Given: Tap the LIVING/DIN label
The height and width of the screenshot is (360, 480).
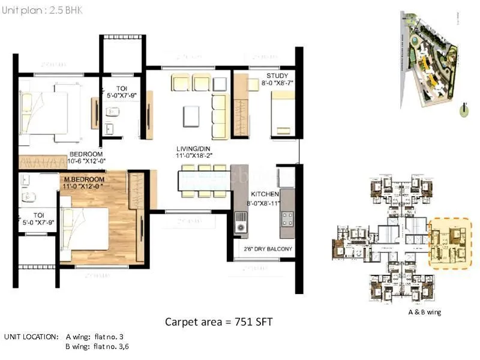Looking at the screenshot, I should (193, 148).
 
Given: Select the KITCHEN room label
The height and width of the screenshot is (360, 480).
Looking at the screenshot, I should (265, 195).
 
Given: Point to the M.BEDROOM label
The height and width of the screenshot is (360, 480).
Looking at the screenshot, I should (85, 179).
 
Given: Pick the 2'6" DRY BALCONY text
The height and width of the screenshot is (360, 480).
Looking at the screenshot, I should (268, 248).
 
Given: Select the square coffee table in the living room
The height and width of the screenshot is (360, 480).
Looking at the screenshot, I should (192, 115).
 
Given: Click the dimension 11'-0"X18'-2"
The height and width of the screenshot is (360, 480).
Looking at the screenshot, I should (193, 155).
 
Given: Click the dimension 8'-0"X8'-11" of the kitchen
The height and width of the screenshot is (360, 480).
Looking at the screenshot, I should (265, 203).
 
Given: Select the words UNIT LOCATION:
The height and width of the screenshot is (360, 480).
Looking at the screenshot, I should (31, 336).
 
